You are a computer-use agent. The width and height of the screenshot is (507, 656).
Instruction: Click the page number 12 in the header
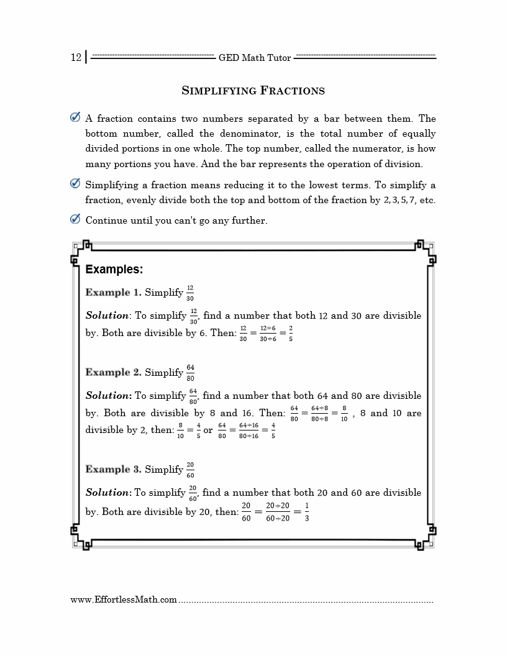coord(76,58)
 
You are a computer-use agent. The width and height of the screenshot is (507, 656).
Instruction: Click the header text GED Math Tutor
coord(255,58)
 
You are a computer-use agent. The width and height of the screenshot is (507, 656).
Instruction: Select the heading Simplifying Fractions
coord(253,91)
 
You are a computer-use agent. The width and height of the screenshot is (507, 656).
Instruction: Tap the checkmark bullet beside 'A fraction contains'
coord(75,117)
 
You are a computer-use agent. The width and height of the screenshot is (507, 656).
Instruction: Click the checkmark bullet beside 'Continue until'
coord(75,219)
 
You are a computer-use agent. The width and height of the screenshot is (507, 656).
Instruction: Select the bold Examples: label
coord(114,270)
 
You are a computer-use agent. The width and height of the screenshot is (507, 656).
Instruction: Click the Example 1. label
coord(113,293)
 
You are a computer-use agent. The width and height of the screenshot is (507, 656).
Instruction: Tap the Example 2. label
coord(113,372)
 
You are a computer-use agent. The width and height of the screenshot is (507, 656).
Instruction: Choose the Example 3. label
coord(113,470)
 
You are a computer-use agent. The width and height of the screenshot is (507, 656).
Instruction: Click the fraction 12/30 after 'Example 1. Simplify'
coord(190,293)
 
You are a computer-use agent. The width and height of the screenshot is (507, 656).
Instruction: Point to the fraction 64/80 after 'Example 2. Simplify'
coord(190,373)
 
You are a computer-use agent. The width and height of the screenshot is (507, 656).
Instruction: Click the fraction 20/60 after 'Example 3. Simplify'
coord(190,470)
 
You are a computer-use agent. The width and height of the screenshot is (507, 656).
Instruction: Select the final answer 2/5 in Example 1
coord(291,333)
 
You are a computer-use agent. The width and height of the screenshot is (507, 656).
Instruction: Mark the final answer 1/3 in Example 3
coord(306,512)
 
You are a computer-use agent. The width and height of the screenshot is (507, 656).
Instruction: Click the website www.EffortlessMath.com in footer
coord(124,600)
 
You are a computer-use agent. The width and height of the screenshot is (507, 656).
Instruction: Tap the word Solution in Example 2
coord(107,396)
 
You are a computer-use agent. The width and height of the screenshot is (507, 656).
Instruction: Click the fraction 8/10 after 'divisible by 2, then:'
coord(180,430)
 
